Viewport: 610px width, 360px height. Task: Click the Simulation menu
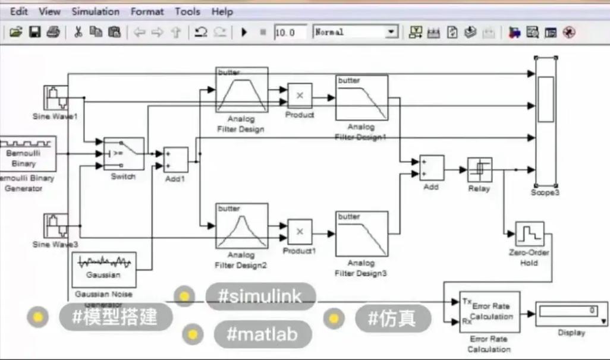(x=95, y=11)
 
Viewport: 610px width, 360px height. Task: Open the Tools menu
(x=187, y=11)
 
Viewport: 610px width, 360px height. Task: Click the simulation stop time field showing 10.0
(x=290, y=32)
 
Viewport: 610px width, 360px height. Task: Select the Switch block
(x=124, y=154)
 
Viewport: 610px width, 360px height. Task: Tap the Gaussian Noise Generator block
(x=103, y=269)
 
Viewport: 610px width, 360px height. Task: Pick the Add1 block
(x=175, y=160)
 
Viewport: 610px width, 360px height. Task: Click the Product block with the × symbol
(x=300, y=95)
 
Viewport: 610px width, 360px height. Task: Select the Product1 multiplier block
(x=300, y=232)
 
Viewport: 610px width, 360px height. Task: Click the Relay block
(x=479, y=170)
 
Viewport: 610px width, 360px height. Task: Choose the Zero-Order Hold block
(x=529, y=235)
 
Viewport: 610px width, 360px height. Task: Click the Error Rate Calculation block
(x=489, y=311)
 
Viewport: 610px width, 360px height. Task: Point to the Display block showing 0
(x=571, y=314)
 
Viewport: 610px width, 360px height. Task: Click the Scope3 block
(x=545, y=122)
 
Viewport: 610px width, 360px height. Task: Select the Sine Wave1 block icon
(x=55, y=97)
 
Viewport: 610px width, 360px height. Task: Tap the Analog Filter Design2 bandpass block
(x=242, y=226)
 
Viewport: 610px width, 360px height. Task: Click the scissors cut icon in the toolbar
(x=77, y=32)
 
